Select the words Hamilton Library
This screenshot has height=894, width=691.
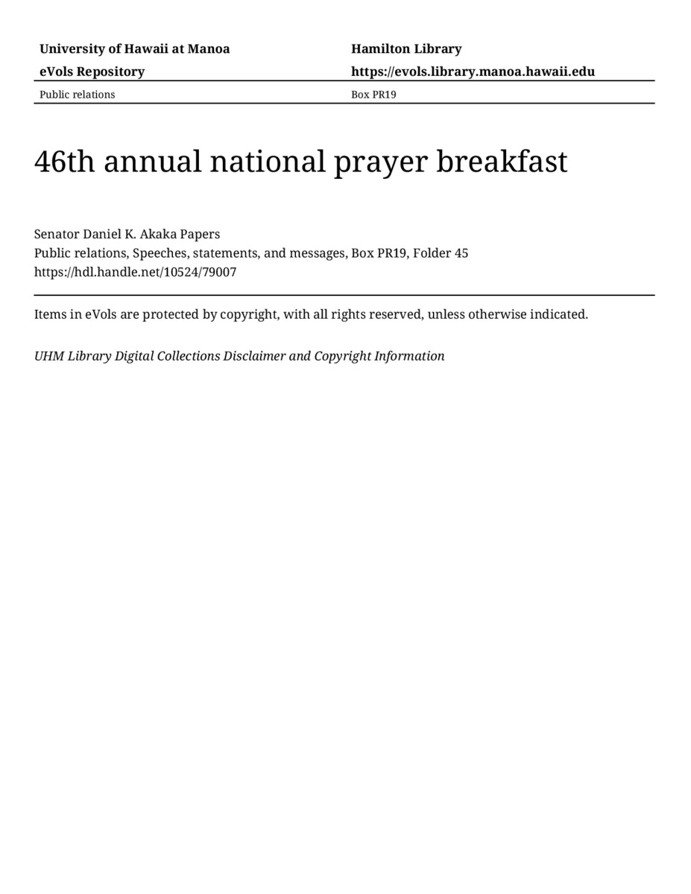406,49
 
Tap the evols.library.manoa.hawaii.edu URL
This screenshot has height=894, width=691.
473,72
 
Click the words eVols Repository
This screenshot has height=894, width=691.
92,72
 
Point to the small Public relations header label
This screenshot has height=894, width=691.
77,95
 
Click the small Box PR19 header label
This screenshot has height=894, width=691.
373,95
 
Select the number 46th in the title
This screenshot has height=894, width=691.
65,162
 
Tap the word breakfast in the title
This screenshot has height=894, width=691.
502,162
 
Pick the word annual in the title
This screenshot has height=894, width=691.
153,162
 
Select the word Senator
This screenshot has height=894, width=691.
57,234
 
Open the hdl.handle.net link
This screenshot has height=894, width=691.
135,272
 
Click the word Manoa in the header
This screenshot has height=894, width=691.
209,49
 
